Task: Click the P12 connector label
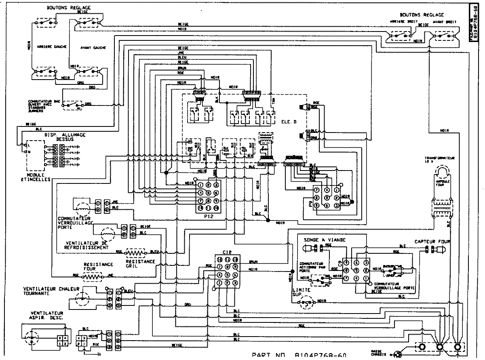209,217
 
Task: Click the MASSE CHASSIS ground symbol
398,355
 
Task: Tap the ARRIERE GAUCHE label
46,47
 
